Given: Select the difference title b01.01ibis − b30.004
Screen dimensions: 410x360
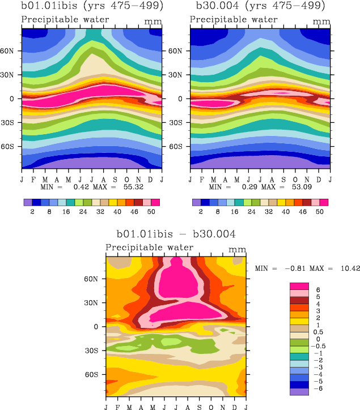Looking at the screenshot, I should click(x=176, y=233).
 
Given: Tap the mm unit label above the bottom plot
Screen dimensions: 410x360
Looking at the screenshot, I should click(x=236, y=249).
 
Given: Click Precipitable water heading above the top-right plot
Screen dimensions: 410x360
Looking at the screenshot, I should click(x=234, y=20).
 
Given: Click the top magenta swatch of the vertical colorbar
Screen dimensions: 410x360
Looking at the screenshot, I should click(x=299, y=286).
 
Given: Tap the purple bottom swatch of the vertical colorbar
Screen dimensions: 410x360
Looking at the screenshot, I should click(x=299, y=391).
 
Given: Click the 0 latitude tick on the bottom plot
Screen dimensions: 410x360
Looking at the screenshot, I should click(x=98, y=327).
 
